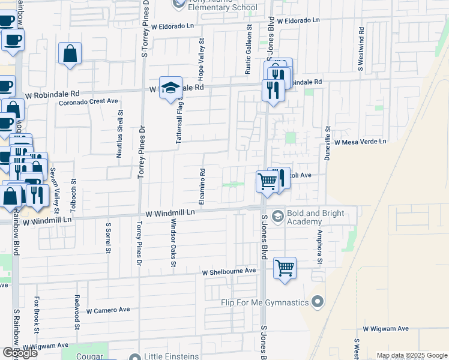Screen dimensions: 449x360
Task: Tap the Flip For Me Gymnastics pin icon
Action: pos(318,302)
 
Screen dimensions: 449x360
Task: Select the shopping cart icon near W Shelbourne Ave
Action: pos(285,268)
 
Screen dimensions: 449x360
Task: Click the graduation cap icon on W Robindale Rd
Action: pos(170,87)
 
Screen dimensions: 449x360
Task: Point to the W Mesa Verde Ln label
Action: pos(361,142)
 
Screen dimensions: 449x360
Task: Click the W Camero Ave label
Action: pos(108,310)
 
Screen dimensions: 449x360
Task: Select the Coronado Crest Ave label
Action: pos(88,102)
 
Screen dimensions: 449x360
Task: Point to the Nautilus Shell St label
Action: pos(120,134)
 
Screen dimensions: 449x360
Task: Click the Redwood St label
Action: pos(77,307)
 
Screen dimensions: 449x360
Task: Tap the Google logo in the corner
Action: pos(20,353)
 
